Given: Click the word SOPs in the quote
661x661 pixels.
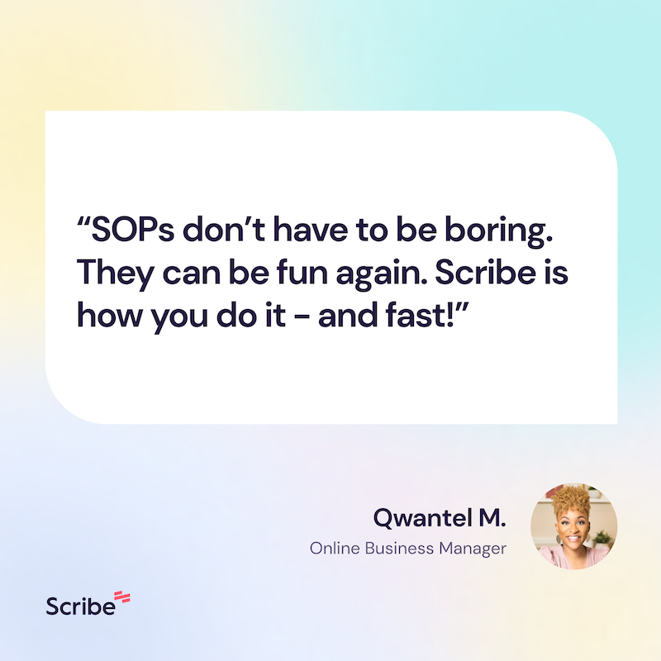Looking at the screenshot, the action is point(133,230).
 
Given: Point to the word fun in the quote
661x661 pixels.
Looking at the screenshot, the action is point(302,272).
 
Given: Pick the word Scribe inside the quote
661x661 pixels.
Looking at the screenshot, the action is point(486,272).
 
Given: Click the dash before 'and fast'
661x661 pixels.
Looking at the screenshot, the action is point(302,316).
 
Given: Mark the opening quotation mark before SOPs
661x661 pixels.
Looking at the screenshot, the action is point(83,221).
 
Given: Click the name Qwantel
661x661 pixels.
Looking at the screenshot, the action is point(423,518).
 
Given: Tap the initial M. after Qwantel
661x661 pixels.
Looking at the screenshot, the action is point(492,518).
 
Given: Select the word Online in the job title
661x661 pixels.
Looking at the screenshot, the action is point(335,548).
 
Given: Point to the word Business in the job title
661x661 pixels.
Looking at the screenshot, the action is point(399,548).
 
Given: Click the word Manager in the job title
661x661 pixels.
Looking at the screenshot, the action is point(473,549).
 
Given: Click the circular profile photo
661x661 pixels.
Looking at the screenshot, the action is point(573,526).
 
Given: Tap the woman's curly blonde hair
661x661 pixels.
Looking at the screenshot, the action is point(571,501).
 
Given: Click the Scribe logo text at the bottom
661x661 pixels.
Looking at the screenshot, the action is point(80,606).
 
